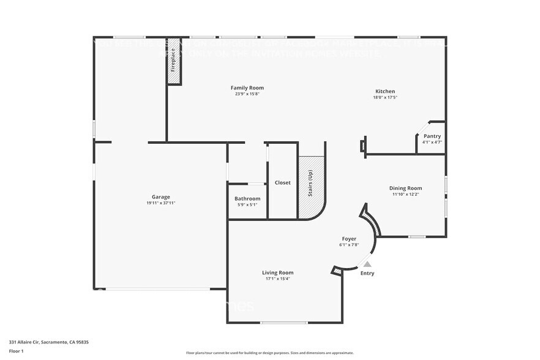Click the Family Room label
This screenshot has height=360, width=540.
247,88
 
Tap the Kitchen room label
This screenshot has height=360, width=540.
384,91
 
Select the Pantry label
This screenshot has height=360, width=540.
432,137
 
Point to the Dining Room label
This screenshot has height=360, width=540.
405,188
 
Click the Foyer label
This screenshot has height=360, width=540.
349,238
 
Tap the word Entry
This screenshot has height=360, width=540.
367,273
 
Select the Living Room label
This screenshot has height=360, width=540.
277,272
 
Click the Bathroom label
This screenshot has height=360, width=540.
247,198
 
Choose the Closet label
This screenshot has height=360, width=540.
282,182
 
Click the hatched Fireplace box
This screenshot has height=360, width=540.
174,61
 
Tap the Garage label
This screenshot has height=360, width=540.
161,197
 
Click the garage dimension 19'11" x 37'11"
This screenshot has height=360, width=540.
161,203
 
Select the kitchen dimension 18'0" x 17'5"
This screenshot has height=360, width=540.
385,97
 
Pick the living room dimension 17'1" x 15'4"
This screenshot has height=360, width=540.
277,279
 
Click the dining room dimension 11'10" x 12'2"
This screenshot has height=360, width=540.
405,194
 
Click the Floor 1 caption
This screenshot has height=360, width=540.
17,351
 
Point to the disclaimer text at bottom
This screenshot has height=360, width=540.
269,353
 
